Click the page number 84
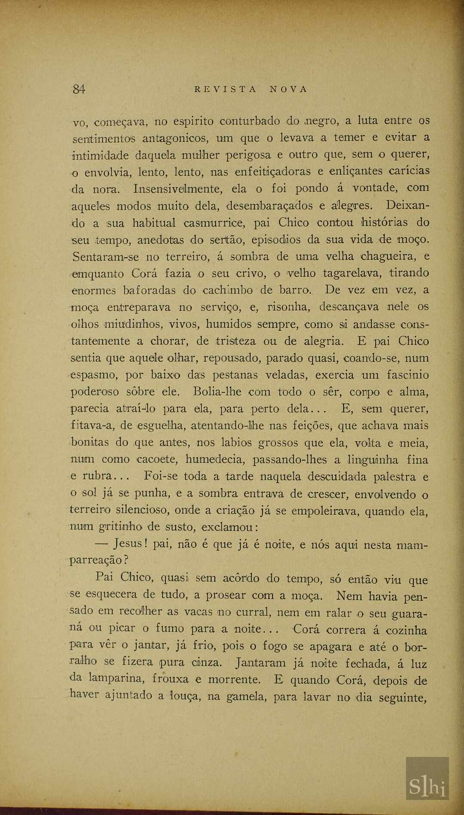79,89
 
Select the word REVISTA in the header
225,89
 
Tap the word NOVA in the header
289,89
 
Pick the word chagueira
389,257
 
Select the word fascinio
407,375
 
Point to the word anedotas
161,240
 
